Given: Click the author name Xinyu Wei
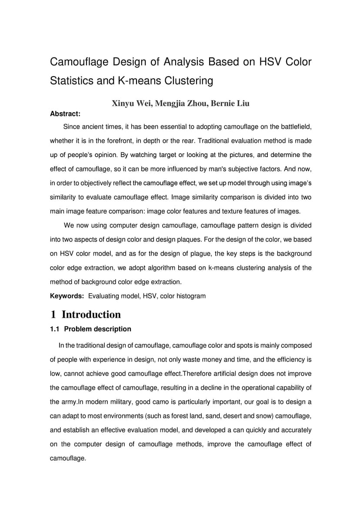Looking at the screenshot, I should (x=129, y=104).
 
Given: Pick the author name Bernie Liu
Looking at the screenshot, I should (x=230, y=104).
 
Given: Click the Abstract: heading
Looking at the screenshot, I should (x=65, y=114).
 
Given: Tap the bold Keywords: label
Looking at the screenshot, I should (x=67, y=296).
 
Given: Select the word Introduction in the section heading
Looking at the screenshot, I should (x=91, y=314).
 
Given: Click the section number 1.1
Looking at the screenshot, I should (x=55, y=329).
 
